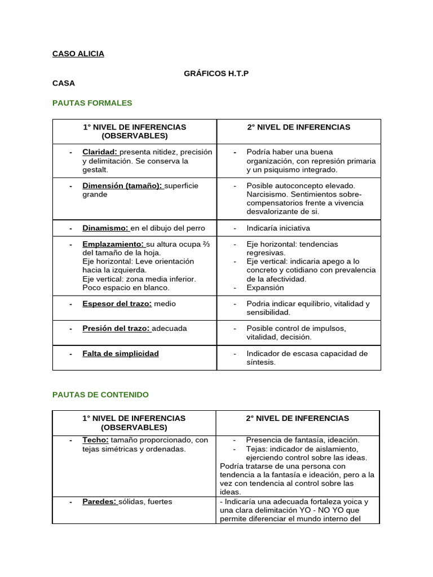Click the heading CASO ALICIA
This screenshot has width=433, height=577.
coord(78,54)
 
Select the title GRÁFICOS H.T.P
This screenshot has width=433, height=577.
coord(216,74)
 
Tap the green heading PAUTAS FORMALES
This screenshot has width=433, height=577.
coord(92,103)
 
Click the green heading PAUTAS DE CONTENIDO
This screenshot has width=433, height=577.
coord(100,395)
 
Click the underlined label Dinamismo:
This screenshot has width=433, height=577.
coord(105,228)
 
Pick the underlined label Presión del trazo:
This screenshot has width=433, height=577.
coord(117,329)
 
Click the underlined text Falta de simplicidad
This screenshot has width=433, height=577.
coord(121,354)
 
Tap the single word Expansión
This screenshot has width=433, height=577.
coord(265,287)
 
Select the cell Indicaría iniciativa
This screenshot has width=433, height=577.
coord(278,228)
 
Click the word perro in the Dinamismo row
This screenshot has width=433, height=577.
coord(195,228)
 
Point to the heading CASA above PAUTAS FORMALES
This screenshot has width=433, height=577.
coord(63,83)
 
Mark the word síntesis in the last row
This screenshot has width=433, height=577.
coord(261,362)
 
